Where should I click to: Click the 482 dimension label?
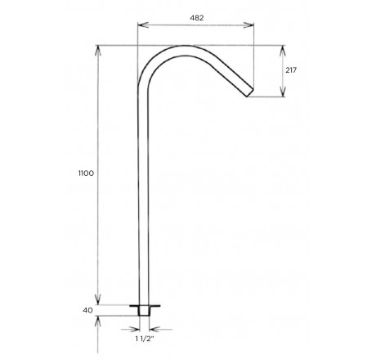tap(197, 18)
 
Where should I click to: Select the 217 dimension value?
tap(291, 70)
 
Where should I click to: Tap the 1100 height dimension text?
tap(86, 173)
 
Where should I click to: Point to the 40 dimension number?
tap(87, 310)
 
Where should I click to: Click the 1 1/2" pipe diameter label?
tap(145, 339)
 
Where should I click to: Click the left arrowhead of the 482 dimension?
tap(143, 25)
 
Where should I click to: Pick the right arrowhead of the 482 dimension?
tap(248, 25)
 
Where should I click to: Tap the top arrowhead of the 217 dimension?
tap(283, 51)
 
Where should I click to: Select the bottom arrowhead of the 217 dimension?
tap(283, 91)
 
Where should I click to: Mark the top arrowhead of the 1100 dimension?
tap(98, 52)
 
